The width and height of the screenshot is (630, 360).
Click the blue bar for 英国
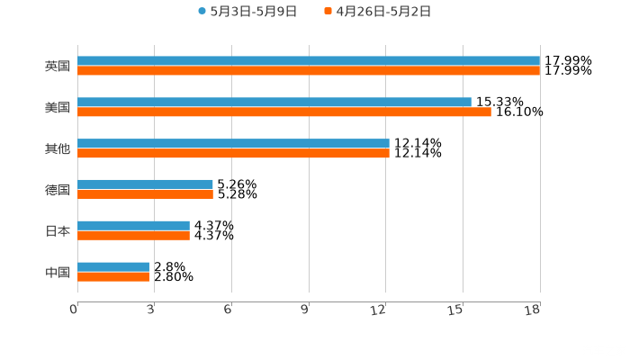tap(309, 61)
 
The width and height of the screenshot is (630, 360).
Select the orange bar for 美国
tap(284, 112)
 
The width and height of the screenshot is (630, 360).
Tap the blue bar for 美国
tap(274, 103)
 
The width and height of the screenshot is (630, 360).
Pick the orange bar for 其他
tap(233, 154)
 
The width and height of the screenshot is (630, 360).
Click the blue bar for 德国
tap(145, 184)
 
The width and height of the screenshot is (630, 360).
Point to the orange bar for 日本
tap(133, 235)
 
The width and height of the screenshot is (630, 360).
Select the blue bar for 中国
tap(113, 267)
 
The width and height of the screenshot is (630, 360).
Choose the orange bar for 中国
tap(113, 276)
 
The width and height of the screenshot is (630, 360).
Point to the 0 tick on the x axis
tap(74, 310)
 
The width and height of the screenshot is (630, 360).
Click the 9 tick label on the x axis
tap(305, 310)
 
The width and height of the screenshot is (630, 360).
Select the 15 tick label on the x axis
tap(458, 310)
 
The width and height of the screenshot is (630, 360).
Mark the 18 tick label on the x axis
tap(533, 310)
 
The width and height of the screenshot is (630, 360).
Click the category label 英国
tap(58, 66)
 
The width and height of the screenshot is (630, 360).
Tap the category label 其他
tap(58, 148)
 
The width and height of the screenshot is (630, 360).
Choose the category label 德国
tap(58, 190)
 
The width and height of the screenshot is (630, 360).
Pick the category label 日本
tap(58, 230)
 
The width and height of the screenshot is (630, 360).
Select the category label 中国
tap(58, 272)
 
